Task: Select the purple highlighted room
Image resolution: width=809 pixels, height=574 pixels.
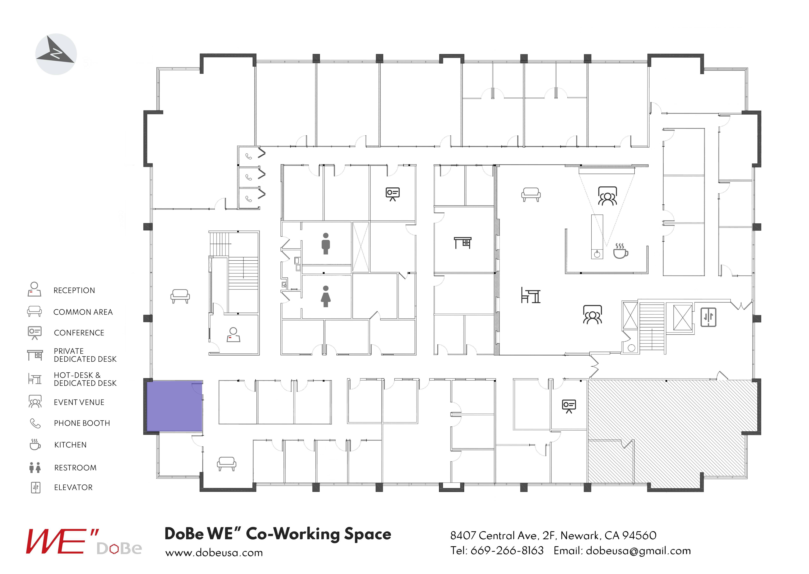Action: coord(174,406)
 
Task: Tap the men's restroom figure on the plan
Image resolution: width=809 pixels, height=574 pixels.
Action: coord(325,243)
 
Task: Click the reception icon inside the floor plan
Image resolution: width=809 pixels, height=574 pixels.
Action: coord(233,335)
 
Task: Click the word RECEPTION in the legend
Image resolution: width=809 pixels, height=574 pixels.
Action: coord(74,291)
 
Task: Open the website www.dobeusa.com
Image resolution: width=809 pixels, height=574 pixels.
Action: coord(214,552)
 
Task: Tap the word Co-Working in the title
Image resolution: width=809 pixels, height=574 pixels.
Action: coord(292,534)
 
